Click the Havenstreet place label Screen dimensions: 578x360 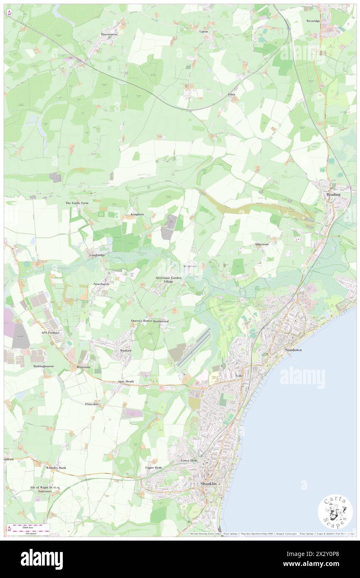(109, 34)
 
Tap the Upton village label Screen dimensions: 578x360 (204, 31)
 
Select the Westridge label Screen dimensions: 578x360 (313, 20)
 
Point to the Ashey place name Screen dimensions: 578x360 (232, 94)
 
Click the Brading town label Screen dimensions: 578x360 (333, 195)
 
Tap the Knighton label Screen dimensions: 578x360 (137, 214)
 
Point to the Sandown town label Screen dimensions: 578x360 (293, 351)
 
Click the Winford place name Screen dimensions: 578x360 (126, 351)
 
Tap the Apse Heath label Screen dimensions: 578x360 (126, 381)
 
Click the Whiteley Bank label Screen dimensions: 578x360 (56, 468)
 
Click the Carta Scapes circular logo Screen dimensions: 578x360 (335, 512)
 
